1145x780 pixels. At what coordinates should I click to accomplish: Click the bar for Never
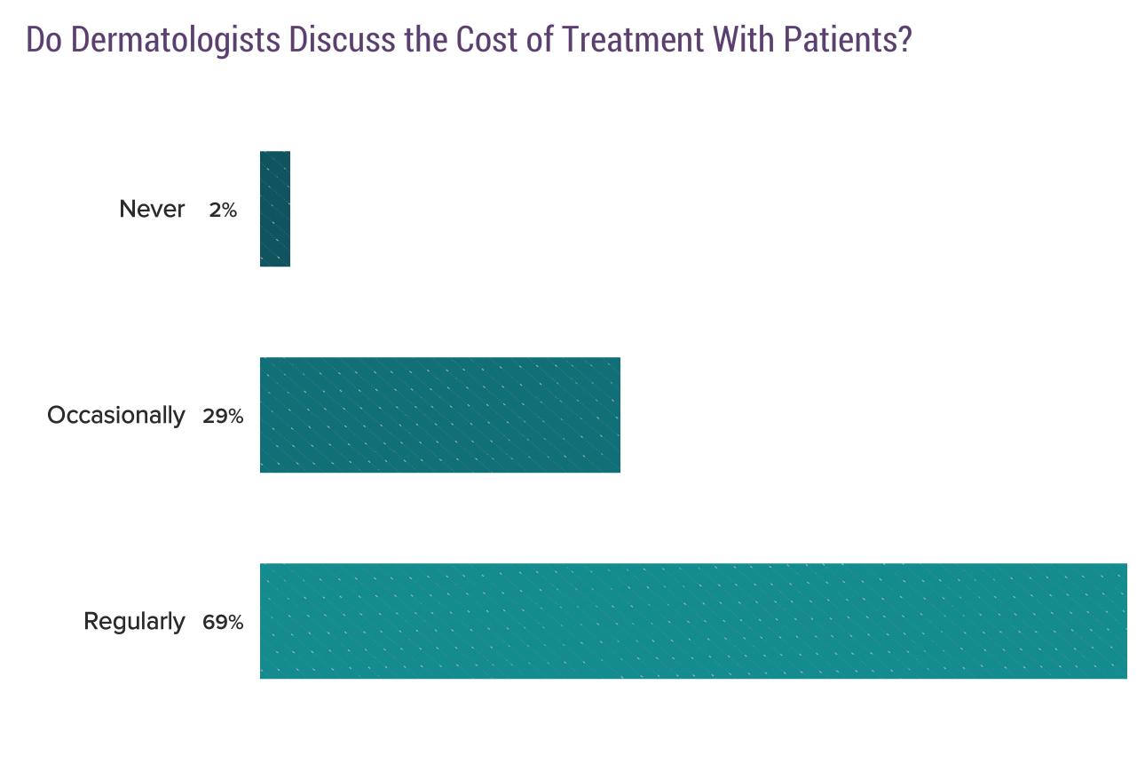(x=274, y=209)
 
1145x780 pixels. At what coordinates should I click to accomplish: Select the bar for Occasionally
(x=439, y=415)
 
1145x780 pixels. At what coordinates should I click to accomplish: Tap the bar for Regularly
(x=692, y=621)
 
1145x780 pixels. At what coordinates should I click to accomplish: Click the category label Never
(x=152, y=210)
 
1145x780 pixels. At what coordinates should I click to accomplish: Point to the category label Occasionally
(x=116, y=416)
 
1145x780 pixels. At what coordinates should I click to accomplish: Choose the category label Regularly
(x=134, y=622)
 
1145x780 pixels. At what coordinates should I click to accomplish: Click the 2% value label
(x=223, y=211)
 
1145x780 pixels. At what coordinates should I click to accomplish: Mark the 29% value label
(x=222, y=417)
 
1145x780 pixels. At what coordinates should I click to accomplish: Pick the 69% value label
(x=222, y=623)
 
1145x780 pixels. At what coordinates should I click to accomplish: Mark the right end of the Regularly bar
(x=1124, y=621)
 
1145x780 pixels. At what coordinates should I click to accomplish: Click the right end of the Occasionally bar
(x=617, y=415)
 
